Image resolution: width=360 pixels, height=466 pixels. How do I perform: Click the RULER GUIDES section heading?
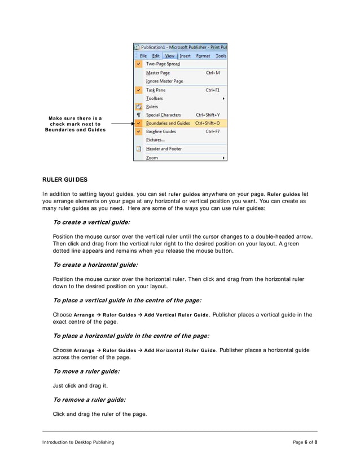pos(65,180)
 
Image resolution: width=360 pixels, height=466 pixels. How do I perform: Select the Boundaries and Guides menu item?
pos(168,123)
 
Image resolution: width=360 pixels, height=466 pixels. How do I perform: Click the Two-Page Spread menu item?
pos(163,64)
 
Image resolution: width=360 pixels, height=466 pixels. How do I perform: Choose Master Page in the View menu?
pos(157,73)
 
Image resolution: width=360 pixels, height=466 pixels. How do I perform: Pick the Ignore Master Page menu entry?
pos(164,81)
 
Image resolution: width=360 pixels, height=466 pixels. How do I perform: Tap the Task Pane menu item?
pos(156,90)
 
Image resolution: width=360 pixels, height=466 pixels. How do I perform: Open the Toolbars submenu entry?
pos(155,98)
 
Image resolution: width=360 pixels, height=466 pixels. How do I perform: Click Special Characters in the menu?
pos(164,115)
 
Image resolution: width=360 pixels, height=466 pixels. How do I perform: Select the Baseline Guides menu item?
pos(161,131)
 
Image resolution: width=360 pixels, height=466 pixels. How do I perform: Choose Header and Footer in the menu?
pos(164,149)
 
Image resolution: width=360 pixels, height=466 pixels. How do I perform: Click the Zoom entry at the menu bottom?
pos(152,158)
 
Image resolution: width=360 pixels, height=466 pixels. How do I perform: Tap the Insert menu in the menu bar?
pos(185,56)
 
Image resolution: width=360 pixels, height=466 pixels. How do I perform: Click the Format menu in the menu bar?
pos(203,56)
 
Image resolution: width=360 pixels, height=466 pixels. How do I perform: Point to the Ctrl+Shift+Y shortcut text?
pos(208,115)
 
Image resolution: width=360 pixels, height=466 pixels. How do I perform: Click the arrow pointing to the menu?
pos(121,123)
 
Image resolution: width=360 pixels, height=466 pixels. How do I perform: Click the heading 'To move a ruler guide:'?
pos(86,371)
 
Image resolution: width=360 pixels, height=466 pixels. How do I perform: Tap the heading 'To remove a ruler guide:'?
pos(89,399)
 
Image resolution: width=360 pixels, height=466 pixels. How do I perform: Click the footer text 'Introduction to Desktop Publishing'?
pos(78,442)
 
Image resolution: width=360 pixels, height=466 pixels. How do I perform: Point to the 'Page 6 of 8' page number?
pos(305,442)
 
